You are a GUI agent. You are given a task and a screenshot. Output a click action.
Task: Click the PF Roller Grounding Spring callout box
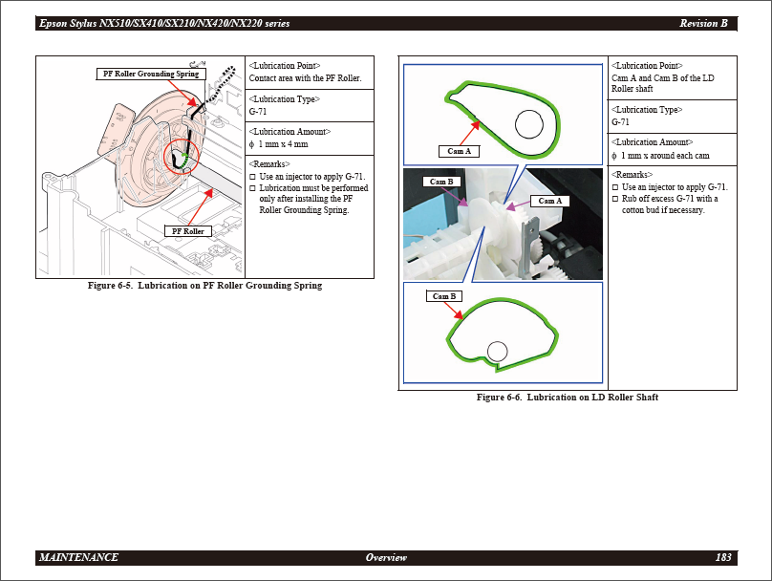(x=150, y=74)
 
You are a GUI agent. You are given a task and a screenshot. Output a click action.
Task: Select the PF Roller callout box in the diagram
(x=186, y=231)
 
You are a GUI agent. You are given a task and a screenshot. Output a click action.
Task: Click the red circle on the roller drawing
(x=178, y=157)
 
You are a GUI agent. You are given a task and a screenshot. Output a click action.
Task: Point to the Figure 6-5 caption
(x=204, y=286)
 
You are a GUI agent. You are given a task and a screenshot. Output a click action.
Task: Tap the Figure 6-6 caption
(x=568, y=398)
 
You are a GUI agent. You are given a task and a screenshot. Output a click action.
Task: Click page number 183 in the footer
(x=723, y=557)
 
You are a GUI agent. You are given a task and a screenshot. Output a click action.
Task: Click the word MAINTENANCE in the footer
(x=78, y=557)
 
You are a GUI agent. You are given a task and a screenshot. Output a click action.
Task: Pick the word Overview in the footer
(x=386, y=557)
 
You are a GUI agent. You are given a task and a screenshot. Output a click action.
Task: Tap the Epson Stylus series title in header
(x=164, y=23)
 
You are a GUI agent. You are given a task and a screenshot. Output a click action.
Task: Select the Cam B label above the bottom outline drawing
(x=444, y=296)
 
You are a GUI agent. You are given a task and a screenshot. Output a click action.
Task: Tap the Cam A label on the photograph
(x=549, y=201)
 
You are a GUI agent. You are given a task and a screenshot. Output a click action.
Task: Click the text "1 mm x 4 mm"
(x=283, y=144)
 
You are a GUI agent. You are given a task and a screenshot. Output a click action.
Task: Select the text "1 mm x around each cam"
(x=665, y=156)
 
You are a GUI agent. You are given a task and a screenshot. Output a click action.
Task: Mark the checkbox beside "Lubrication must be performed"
(x=252, y=188)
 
